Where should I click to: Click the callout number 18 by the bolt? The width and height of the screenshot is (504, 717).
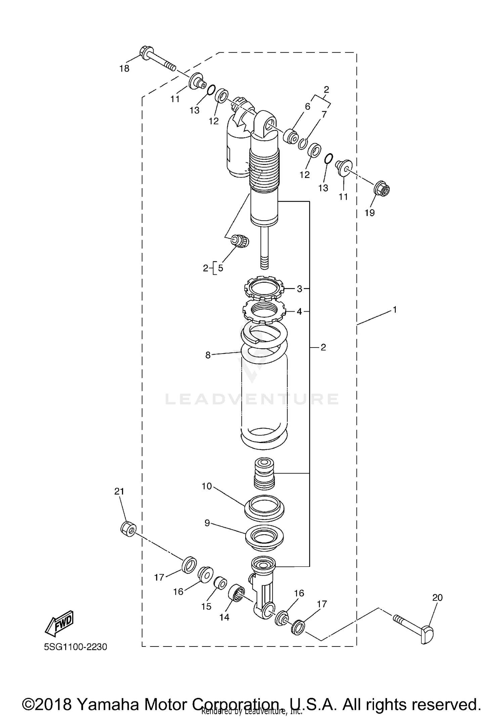(x=124, y=68)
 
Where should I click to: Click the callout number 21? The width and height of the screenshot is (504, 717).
(x=119, y=491)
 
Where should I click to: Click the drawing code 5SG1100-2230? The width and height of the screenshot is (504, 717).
(x=76, y=646)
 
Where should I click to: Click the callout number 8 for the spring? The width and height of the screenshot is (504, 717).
(x=208, y=355)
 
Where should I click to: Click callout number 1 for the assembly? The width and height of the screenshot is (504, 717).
(x=395, y=310)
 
